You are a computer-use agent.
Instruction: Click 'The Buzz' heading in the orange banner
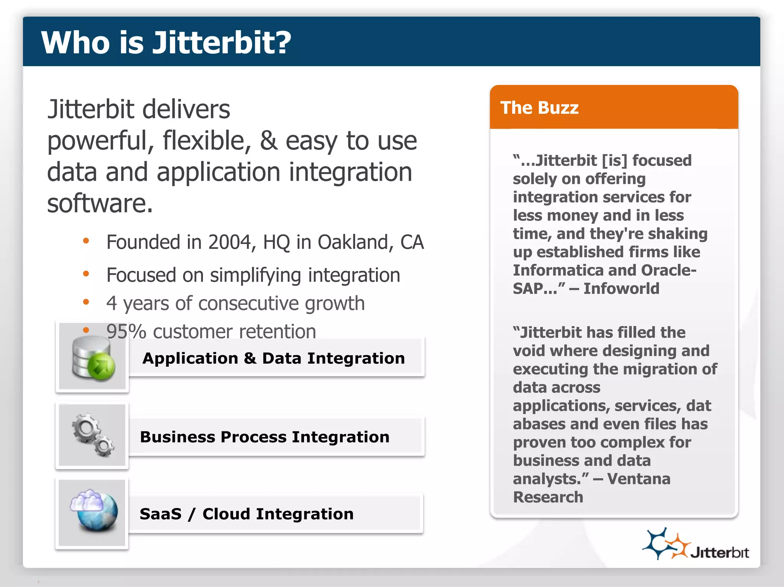[x=539, y=108]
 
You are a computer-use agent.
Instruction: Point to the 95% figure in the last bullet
[x=126, y=331]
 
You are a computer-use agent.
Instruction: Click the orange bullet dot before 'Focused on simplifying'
[x=86, y=274]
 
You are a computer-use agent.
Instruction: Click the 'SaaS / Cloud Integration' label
[x=247, y=514]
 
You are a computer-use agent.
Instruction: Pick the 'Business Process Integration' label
[x=265, y=437]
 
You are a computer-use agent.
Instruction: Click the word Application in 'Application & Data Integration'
[x=190, y=359]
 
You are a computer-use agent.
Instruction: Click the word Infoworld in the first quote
[x=621, y=289]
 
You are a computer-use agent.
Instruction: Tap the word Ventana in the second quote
[x=639, y=479]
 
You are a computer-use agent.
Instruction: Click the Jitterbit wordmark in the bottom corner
[x=720, y=553]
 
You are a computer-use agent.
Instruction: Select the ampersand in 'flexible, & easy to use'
[x=269, y=141]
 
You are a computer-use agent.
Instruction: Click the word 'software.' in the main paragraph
[x=100, y=203]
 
